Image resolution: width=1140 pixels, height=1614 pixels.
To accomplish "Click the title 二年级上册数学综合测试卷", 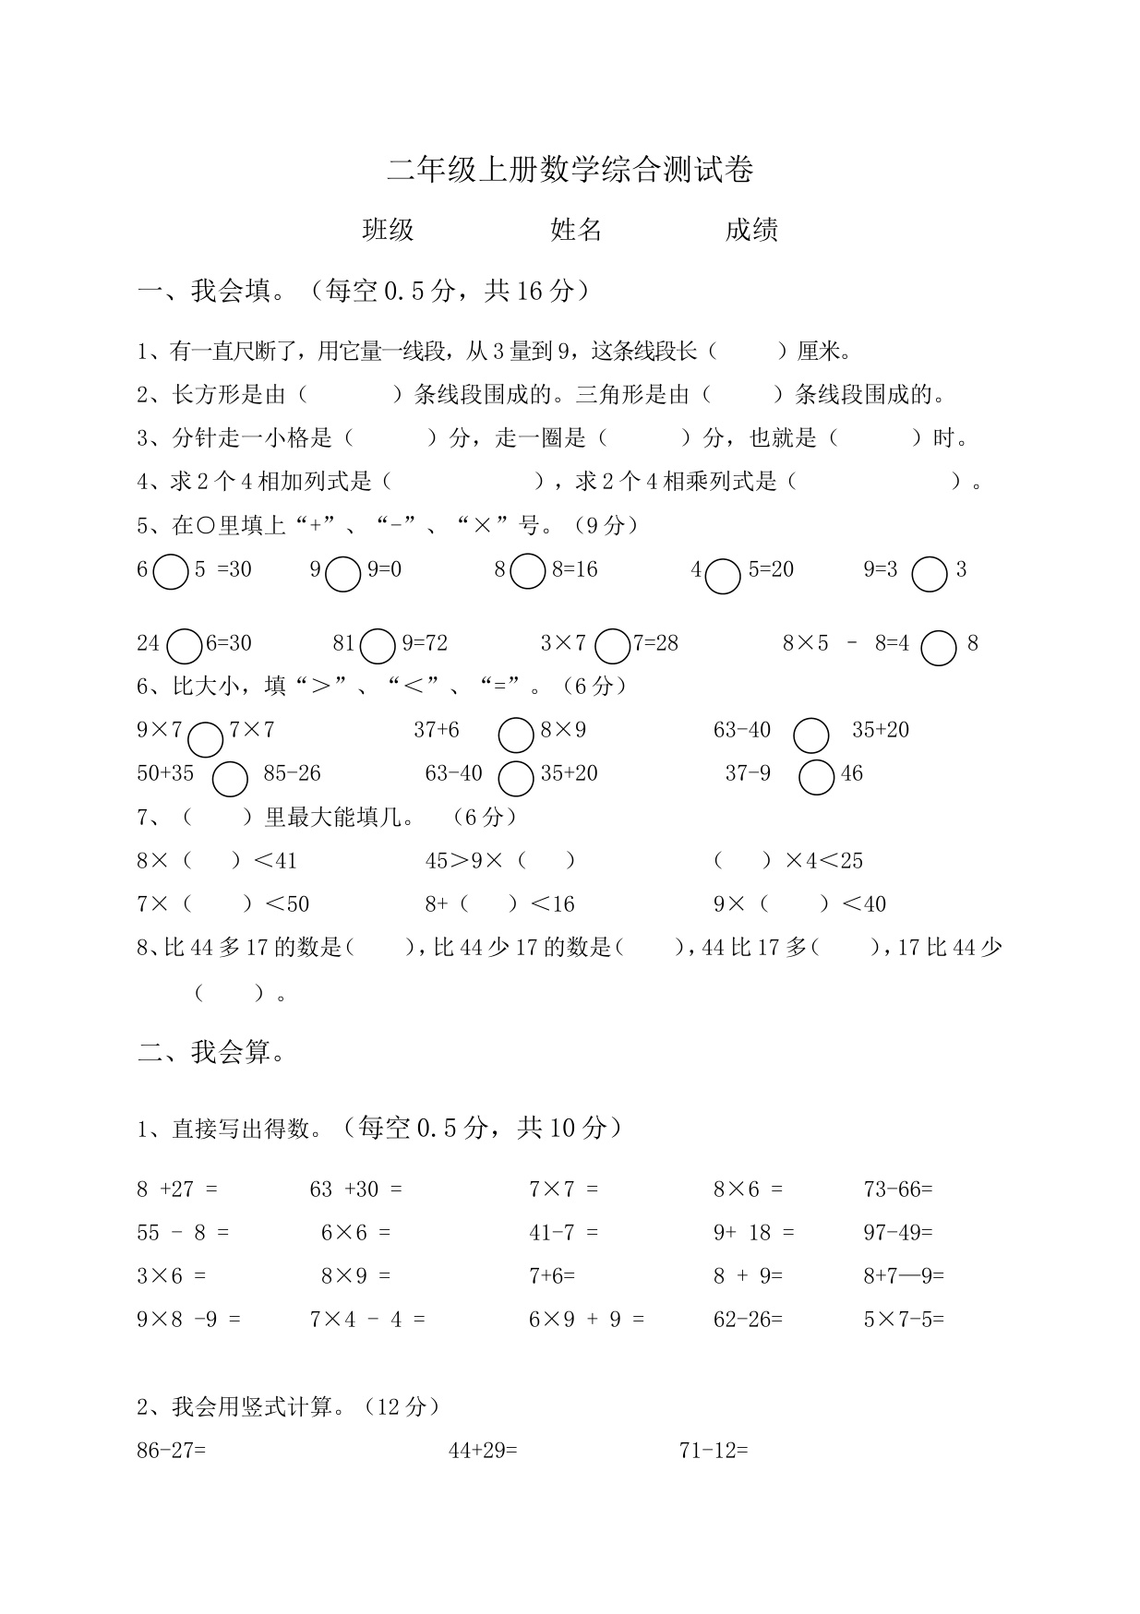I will (x=570, y=170).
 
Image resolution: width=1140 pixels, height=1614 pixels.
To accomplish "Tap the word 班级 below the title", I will (x=388, y=230).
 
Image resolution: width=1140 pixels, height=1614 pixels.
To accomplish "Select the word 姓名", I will (x=576, y=230).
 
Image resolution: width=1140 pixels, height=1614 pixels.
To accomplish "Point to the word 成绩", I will (x=751, y=230).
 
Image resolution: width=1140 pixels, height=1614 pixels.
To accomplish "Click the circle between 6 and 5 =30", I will (x=171, y=572).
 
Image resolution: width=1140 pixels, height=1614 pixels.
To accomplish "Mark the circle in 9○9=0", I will (x=343, y=573).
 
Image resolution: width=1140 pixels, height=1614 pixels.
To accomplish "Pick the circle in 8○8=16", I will (x=528, y=571).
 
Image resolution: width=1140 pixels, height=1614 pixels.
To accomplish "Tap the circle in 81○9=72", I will (x=378, y=646).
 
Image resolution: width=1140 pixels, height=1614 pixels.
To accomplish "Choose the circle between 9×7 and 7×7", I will (x=205, y=738).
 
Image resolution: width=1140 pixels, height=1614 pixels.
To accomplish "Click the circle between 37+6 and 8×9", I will (x=516, y=735).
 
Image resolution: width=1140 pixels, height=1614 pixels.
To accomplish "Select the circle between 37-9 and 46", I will (x=817, y=777).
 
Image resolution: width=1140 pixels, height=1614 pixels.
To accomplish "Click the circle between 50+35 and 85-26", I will (x=230, y=779).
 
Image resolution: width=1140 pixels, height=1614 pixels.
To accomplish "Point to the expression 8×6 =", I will (x=748, y=1190).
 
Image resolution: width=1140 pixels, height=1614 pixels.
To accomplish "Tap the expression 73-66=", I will (x=898, y=1190).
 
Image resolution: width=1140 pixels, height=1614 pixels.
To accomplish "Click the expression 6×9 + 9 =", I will (x=586, y=1320).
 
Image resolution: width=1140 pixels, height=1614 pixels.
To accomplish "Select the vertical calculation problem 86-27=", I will (x=172, y=1451).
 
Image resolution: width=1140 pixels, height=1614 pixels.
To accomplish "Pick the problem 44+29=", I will (x=483, y=1451).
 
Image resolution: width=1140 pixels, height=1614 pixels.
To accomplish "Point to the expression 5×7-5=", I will (x=904, y=1320).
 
